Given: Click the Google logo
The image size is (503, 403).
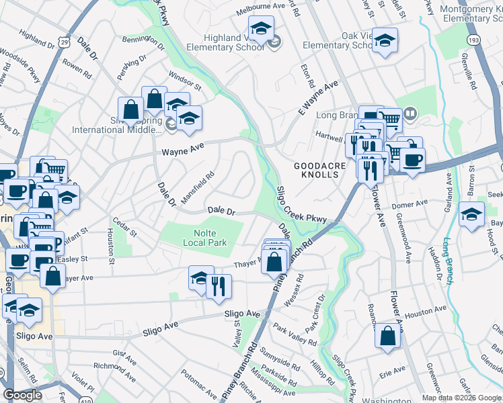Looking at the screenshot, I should (22, 396).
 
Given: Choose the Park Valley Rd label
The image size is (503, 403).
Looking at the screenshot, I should (294, 334).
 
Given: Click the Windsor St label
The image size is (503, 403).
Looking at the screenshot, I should (185, 83).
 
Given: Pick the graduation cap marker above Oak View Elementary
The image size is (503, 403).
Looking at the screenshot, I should (385, 40).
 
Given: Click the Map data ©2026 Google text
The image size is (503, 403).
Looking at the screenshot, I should (462, 398).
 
